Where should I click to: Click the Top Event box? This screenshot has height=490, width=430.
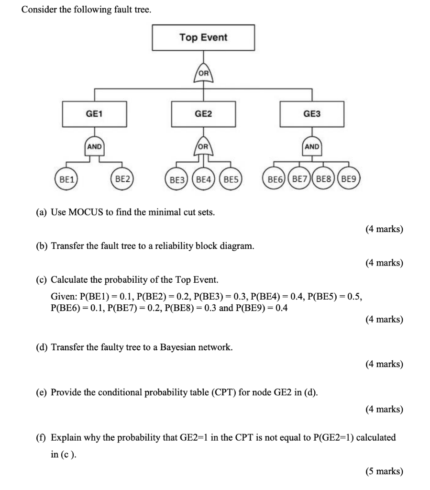(x=203, y=38)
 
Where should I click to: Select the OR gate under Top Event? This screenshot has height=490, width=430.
(x=204, y=74)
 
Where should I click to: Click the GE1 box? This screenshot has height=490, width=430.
(x=94, y=114)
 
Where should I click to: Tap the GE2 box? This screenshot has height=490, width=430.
(x=203, y=114)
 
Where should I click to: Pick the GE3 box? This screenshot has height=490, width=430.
(x=312, y=114)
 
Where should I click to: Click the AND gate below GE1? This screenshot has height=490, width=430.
(x=94, y=146)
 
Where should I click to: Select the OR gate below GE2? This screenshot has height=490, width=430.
(x=204, y=147)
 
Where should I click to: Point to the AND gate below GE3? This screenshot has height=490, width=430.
(x=312, y=146)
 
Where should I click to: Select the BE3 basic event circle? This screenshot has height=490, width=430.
(x=177, y=180)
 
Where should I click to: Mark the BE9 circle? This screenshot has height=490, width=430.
(x=349, y=180)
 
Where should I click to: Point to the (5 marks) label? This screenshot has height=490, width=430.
(x=384, y=471)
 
